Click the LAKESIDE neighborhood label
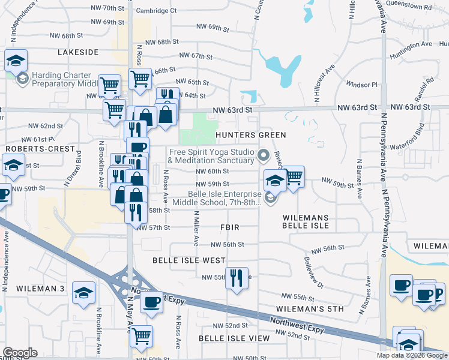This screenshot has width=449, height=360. pyautogui.click(x=78, y=52)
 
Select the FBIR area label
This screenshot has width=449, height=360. pyautogui.click(x=230, y=227)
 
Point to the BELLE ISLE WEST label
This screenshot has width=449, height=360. pyautogui.click(x=188, y=260)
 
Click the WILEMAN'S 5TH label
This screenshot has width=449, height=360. pyautogui.click(x=310, y=309)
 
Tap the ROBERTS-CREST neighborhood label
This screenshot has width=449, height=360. pyautogui.click(x=40, y=148)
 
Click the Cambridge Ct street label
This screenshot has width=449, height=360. pyautogui.click(x=156, y=10)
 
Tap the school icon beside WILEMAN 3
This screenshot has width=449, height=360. pyautogui.click(x=83, y=292)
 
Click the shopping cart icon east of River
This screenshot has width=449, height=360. pyautogui.click(x=293, y=177)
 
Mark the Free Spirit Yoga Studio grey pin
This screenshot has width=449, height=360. pyautogui.click(x=263, y=157)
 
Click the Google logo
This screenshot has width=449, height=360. pyautogui.click(x=20, y=353)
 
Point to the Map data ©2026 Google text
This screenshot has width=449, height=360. pyautogui.click(x=411, y=355)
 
